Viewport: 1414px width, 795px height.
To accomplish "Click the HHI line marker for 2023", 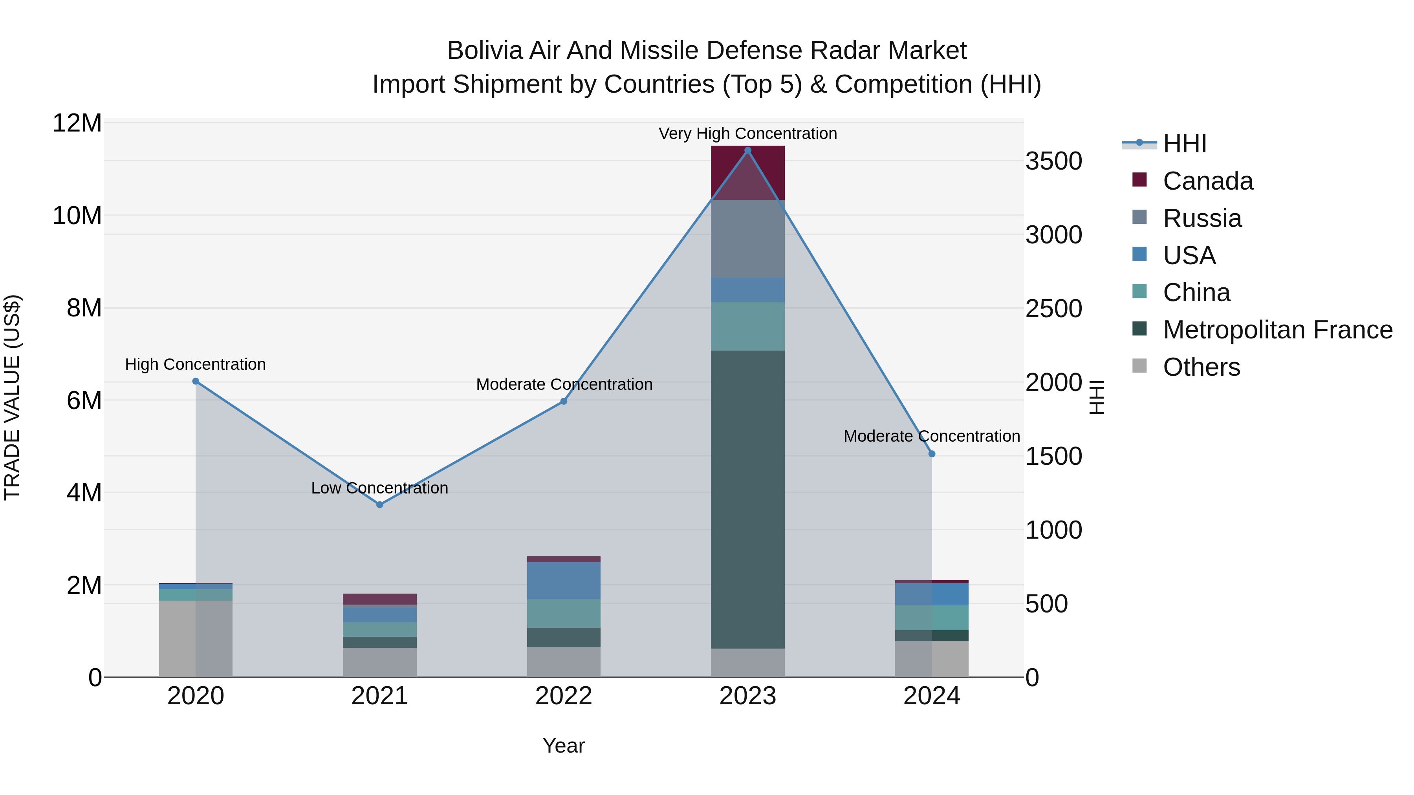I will pos(747,150).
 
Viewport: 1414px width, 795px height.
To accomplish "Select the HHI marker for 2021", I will pos(379,504).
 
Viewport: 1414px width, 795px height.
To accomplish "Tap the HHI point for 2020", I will pos(196,381).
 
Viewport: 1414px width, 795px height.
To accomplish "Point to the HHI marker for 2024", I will pos(932,454).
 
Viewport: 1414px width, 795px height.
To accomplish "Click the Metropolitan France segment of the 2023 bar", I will pos(747,499).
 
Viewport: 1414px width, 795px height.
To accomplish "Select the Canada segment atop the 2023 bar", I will pos(747,172).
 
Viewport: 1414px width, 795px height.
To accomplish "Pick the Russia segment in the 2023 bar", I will pos(747,239).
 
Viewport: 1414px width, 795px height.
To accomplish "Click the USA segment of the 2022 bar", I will pos(563,581).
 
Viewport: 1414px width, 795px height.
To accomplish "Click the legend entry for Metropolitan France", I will pos(1277,330).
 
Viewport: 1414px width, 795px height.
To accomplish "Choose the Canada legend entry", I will pos(1208,181).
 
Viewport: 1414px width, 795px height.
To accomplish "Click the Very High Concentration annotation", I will pos(747,133).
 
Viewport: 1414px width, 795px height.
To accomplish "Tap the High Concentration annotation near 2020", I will pos(196,364).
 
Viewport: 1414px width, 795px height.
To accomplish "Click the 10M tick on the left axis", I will pos(77,216).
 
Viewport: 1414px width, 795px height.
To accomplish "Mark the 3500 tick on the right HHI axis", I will pos(1053,161).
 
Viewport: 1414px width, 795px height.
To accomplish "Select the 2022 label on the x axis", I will pos(563,696).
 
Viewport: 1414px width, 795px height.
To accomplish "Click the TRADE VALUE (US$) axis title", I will pos(12,397).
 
